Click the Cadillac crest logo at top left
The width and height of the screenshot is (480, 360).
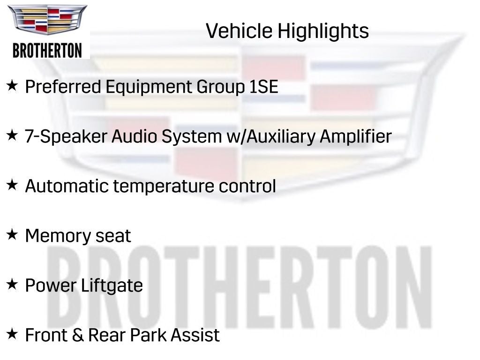(47, 20)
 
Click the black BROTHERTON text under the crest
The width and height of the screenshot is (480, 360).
(47, 50)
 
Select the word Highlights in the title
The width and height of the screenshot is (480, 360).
(323, 31)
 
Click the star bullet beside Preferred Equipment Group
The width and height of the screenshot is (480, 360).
(12, 86)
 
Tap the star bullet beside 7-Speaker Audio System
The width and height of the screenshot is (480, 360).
(12, 135)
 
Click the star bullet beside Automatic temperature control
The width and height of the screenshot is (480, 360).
(12, 185)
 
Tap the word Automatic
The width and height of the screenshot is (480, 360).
(67, 186)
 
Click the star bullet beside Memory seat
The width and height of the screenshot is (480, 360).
(12, 234)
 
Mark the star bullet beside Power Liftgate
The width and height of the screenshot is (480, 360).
(12, 284)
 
